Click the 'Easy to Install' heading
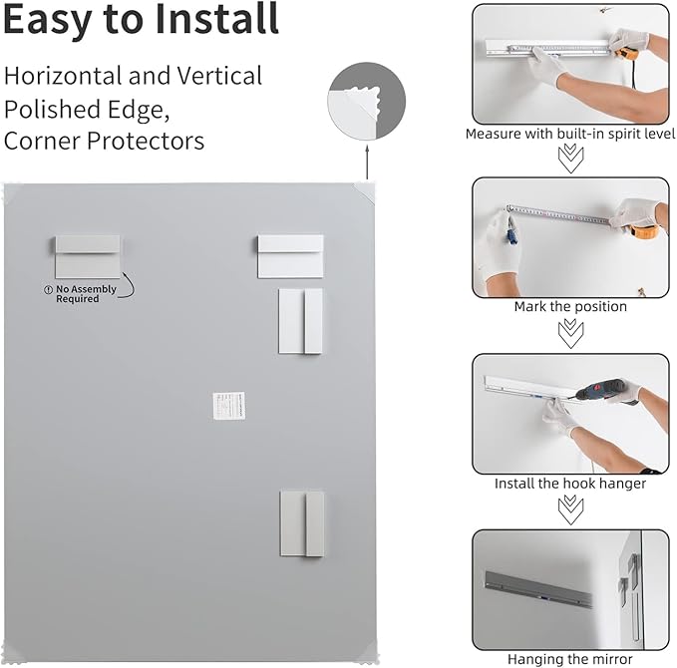pyautogui.click(x=141, y=20)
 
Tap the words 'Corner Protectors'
pyautogui.click(x=104, y=141)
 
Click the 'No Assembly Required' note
pyautogui.click(x=86, y=294)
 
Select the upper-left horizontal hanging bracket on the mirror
pyautogui.click(x=87, y=256)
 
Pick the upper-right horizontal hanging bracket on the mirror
pyautogui.click(x=290, y=256)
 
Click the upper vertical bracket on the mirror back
pyautogui.click(x=300, y=321)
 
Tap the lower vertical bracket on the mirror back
pyautogui.click(x=301, y=522)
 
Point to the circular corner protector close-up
pyautogui.click(x=366, y=102)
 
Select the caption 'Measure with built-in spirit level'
pyautogui.click(x=569, y=133)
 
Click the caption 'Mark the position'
pyautogui.click(x=570, y=307)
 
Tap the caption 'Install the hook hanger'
pyautogui.click(x=570, y=484)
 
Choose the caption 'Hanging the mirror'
pyautogui.click(x=570, y=659)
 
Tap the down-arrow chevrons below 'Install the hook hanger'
pyautogui.click(x=570, y=508)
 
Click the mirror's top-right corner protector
pyautogui.click(x=365, y=188)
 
